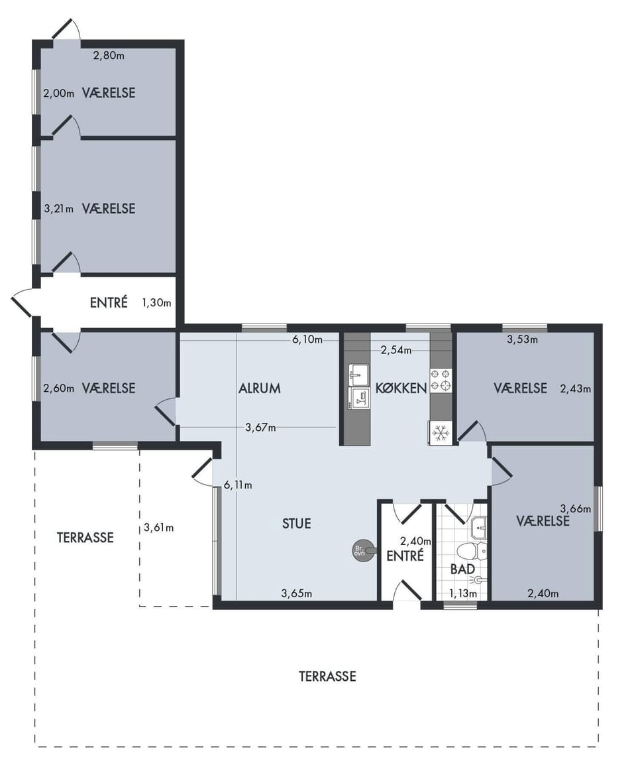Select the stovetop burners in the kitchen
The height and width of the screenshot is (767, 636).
(441, 380)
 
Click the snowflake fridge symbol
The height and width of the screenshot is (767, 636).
(441, 433)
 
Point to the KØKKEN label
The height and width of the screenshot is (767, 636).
(401, 388)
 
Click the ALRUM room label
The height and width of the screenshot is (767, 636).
(260, 388)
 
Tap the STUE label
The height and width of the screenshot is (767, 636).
(297, 524)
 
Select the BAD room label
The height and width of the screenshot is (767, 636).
(462, 569)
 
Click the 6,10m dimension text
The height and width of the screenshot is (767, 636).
(307, 339)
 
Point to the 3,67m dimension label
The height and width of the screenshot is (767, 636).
(260, 428)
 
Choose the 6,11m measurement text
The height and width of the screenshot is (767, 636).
(238, 485)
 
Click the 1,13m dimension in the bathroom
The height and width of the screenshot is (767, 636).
(463, 594)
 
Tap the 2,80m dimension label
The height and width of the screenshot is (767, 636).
(109, 55)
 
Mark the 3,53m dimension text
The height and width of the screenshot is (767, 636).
(522, 339)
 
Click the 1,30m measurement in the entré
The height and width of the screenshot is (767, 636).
(156, 303)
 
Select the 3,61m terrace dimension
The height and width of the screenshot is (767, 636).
(159, 528)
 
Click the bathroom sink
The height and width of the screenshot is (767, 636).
(478, 527)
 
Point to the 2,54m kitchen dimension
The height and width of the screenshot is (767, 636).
(396, 350)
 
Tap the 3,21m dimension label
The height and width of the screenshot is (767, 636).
(59, 209)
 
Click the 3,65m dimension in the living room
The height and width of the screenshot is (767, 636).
(296, 594)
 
